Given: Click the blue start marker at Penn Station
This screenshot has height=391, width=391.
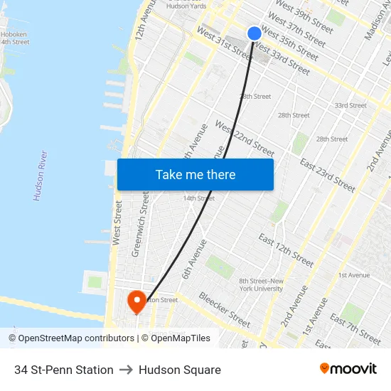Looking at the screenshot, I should click(x=255, y=33).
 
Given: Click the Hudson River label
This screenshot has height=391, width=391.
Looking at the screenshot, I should click(x=41, y=176).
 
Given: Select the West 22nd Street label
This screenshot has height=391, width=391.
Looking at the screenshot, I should click(x=245, y=139).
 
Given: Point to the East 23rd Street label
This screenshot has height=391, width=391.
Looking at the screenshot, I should click(x=327, y=175).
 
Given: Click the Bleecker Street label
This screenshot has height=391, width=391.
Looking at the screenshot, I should click(x=224, y=309).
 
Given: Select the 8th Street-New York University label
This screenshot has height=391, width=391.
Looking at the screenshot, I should click(x=262, y=284).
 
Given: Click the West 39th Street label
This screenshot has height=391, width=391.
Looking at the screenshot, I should click(x=304, y=17).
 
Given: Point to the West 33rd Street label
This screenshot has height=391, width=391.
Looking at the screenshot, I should click(x=282, y=59).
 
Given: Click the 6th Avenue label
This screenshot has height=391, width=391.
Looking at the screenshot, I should click(x=194, y=259).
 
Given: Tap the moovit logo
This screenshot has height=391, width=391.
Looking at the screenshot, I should click(x=348, y=369).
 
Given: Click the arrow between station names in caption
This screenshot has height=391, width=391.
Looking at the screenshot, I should click(x=126, y=370).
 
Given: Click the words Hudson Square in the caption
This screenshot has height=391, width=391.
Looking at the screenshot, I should click(x=180, y=370).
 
